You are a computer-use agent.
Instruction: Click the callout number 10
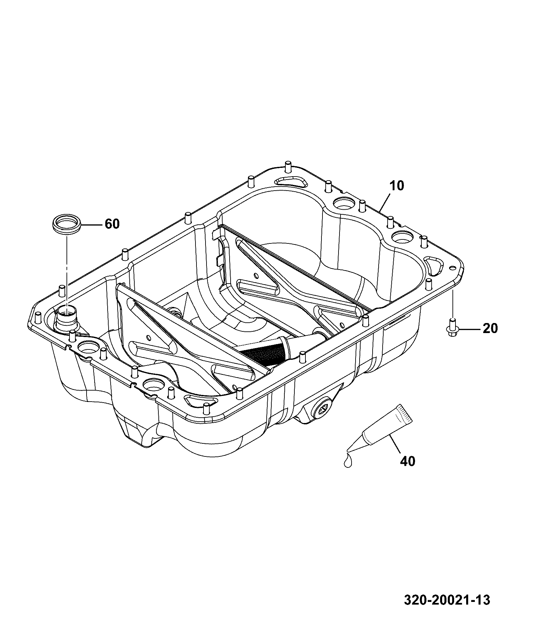pos(397,186)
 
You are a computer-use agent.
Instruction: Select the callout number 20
pos(490,328)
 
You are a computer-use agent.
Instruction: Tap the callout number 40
pos(408,461)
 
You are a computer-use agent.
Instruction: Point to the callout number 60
pos(112,224)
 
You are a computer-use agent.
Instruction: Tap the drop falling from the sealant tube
pos(348,461)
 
